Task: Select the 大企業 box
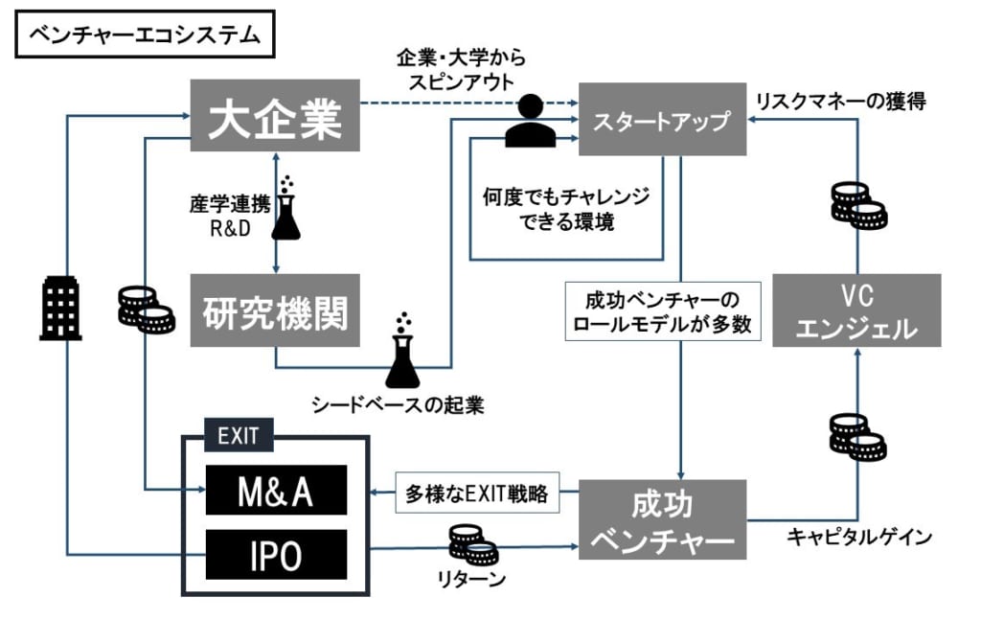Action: point(275,115)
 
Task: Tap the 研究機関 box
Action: point(275,311)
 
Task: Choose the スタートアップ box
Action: point(661,123)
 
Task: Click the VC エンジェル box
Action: point(856,310)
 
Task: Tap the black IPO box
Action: point(276,555)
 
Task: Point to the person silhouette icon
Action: point(530,122)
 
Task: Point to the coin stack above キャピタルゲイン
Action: point(857,436)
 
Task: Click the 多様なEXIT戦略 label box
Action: point(475,494)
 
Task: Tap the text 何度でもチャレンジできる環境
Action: point(565,210)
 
